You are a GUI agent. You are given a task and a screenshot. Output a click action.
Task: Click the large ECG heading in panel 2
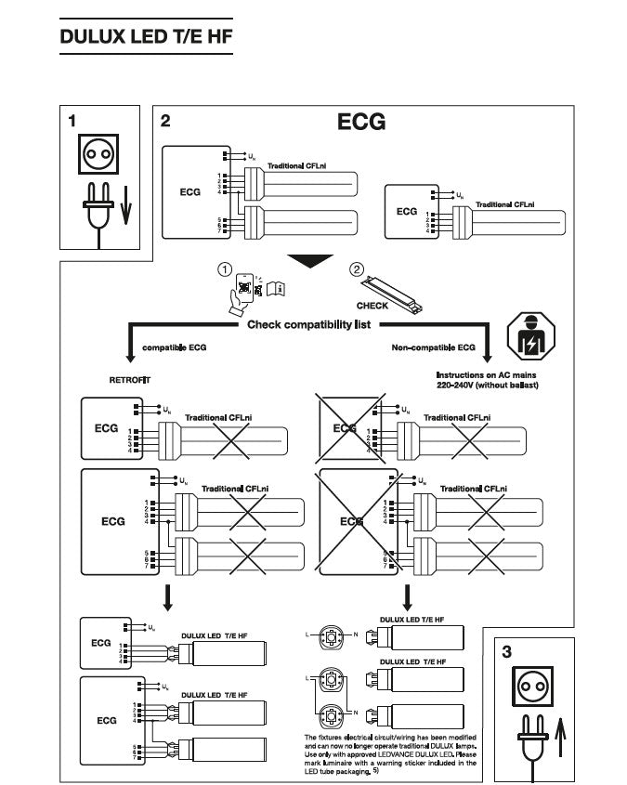pos(360,123)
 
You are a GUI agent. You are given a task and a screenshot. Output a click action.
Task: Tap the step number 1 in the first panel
pos(72,121)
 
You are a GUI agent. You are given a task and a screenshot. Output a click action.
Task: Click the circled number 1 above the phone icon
pos(224,269)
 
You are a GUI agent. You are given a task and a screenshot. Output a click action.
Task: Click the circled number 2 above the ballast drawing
pos(356,269)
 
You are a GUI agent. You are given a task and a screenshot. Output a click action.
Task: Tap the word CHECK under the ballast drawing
pos(372,304)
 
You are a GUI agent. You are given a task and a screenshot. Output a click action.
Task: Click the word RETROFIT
pos(129,380)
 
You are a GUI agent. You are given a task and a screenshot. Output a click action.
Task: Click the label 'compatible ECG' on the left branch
pos(175,347)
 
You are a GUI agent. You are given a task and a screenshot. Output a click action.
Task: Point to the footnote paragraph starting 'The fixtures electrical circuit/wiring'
pos(390,753)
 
